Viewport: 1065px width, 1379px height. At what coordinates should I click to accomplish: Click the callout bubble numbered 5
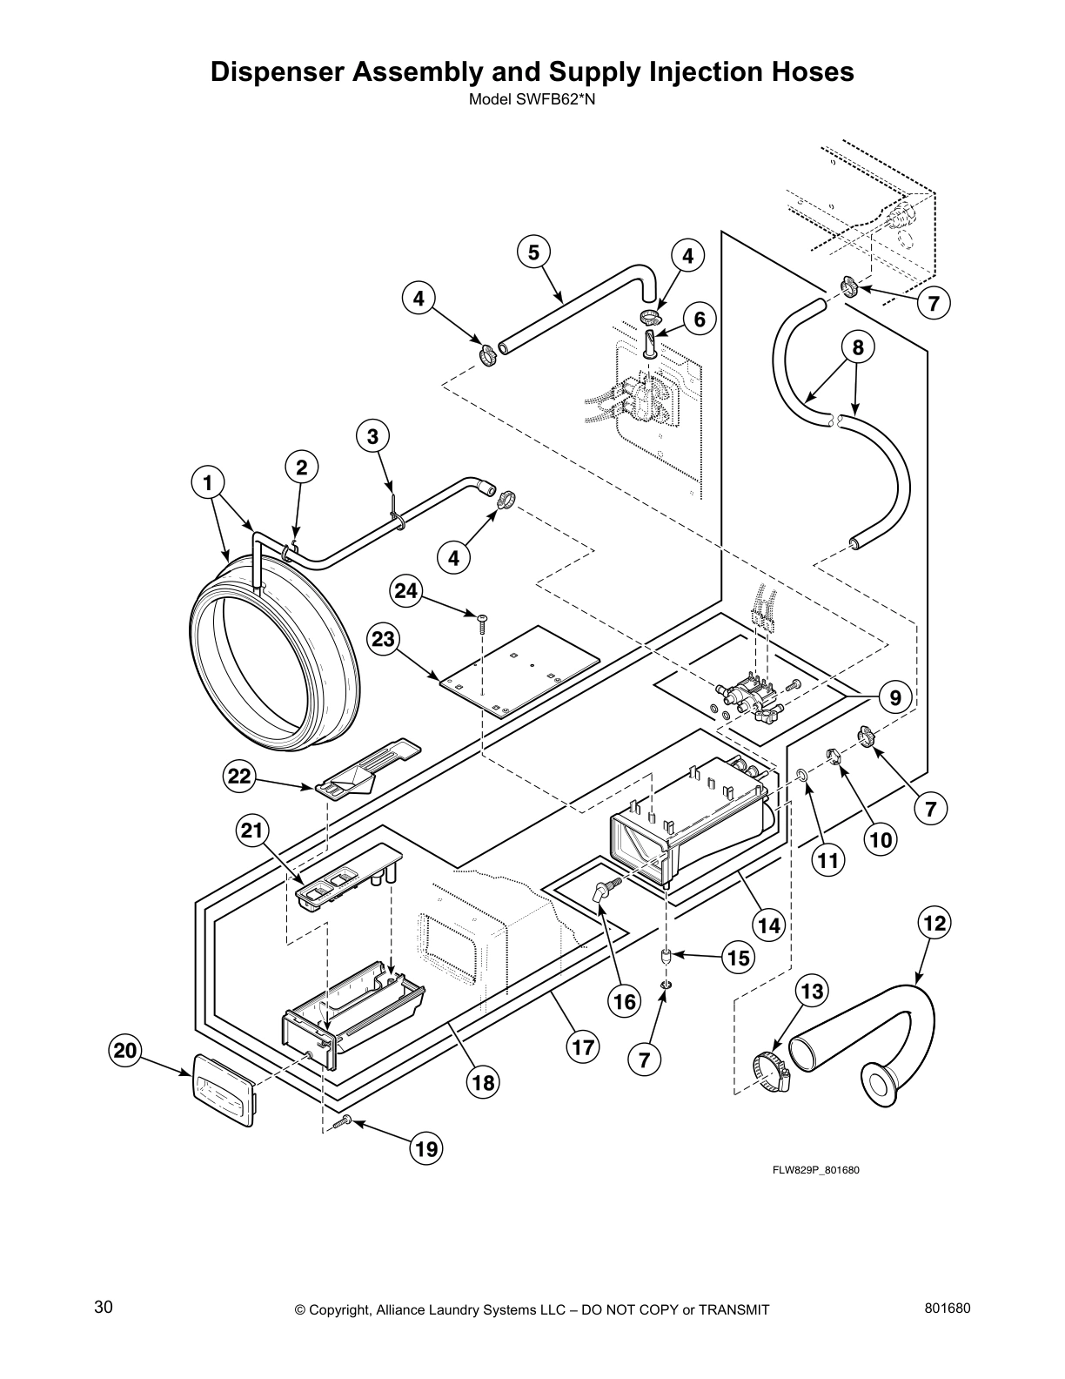point(532,252)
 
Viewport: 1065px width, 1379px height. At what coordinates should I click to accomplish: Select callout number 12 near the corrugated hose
point(934,922)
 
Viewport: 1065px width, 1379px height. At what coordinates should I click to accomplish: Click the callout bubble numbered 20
point(126,1051)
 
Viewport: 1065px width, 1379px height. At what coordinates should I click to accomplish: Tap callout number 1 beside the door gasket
point(209,481)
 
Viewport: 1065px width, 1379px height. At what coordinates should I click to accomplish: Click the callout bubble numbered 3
point(372,437)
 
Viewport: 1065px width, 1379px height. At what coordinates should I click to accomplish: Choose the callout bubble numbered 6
point(699,320)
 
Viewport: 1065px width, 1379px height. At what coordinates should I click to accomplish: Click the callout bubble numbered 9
point(894,696)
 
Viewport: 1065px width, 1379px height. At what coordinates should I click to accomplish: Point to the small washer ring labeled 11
point(801,772)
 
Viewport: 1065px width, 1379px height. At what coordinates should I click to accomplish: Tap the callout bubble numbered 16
point(624,1001)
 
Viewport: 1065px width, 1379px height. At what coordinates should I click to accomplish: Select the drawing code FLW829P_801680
point(816,1169)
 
